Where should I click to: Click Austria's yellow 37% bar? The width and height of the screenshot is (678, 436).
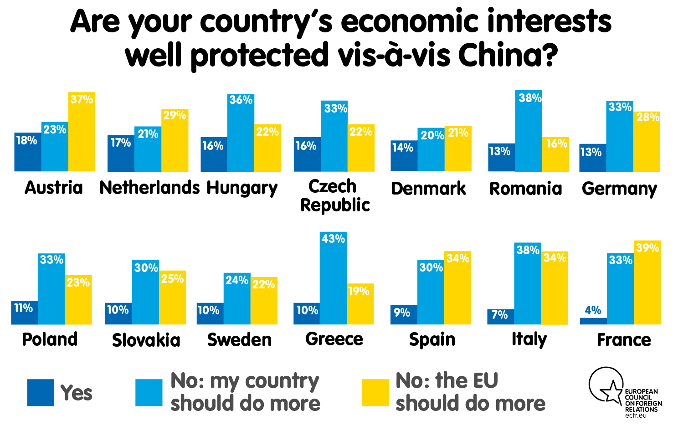[x=82, y=132]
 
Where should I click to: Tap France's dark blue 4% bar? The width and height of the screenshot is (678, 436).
[x=593, y=321]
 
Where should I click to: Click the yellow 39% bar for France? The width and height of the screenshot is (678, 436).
[x=647, y=282]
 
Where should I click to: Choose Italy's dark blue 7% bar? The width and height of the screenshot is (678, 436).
[x=500, y=317]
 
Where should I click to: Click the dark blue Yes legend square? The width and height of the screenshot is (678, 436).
[x=41, y=392]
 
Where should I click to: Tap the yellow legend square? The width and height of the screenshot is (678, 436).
[x=375, y=392]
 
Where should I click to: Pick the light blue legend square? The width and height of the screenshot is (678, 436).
[x=149, y=392]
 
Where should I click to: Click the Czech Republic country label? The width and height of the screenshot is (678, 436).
[x=335, y=195]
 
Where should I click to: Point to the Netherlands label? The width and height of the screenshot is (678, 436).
[x=149, y=188]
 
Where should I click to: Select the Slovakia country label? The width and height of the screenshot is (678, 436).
[x=146, y=340]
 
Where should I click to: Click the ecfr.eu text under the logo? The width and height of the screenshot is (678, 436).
[x=635, y=415]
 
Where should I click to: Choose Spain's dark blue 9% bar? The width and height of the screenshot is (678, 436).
[x=404, y=314]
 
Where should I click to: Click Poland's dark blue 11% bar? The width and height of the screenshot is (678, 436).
[x=24, y=313]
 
